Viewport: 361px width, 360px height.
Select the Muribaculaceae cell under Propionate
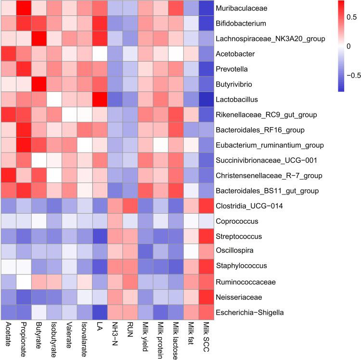[22, 8]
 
